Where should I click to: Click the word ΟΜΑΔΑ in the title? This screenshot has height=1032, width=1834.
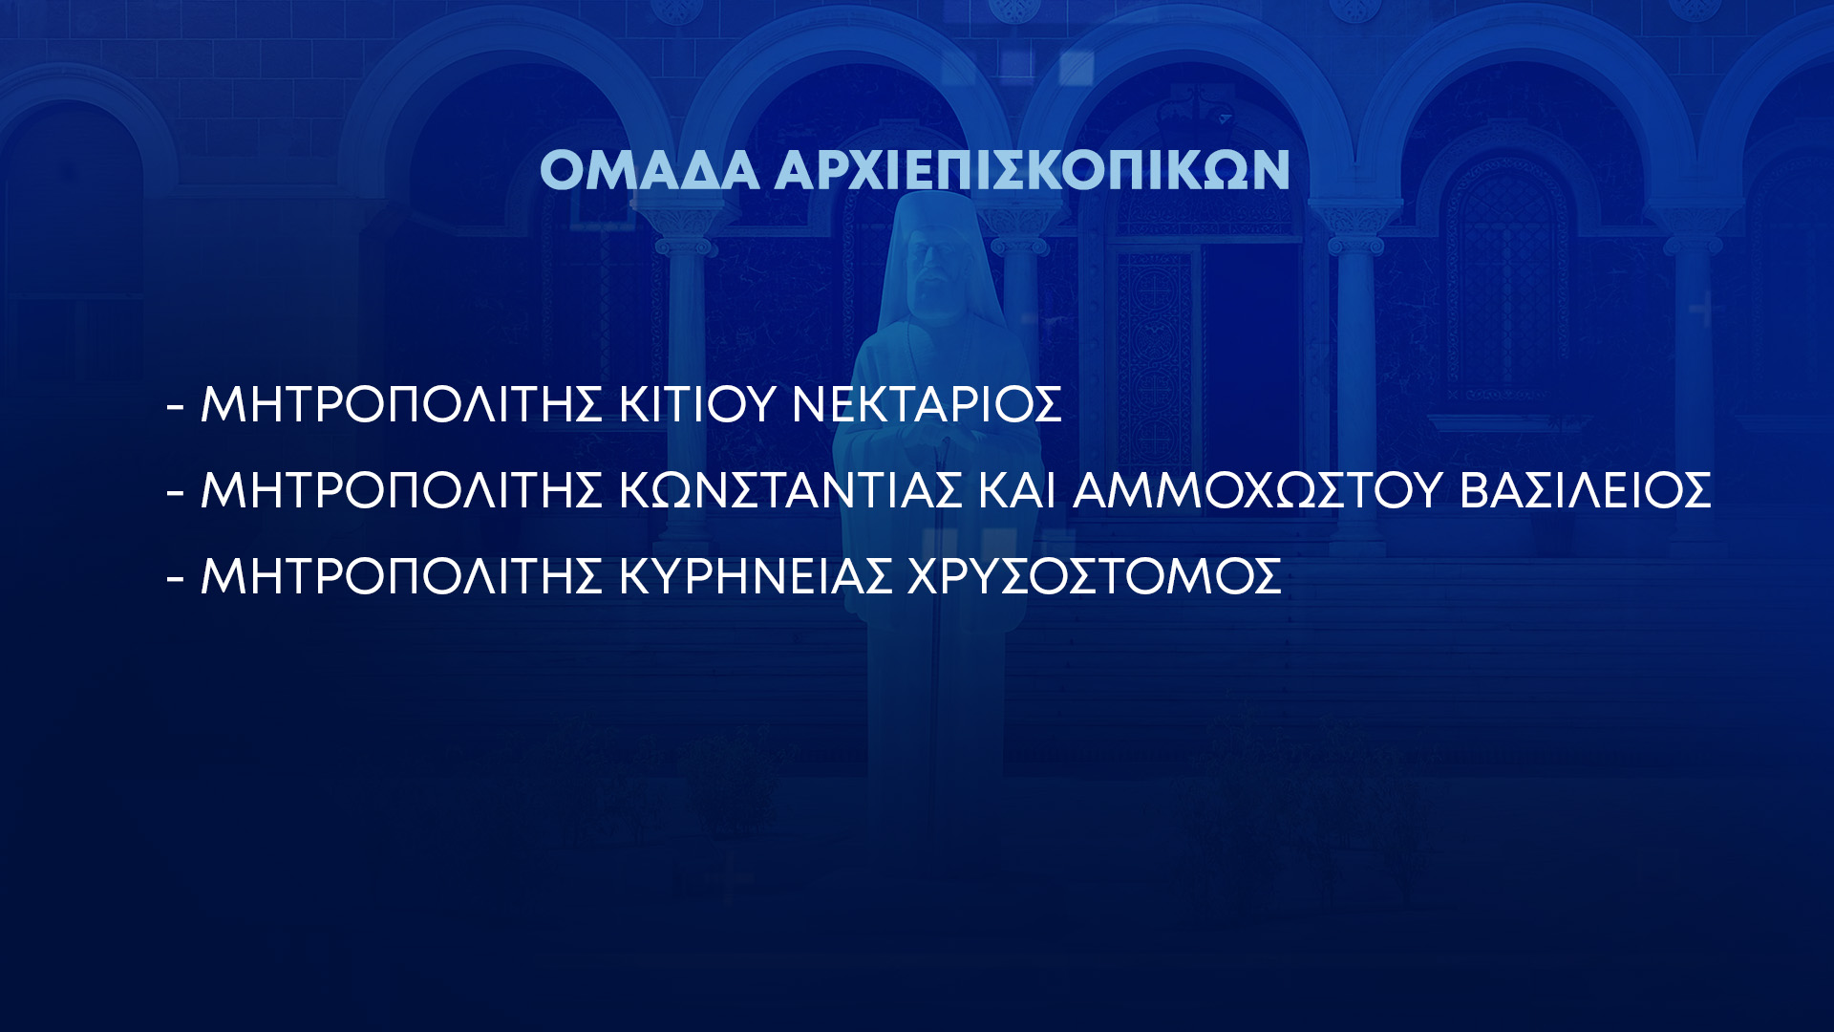pos(650,170)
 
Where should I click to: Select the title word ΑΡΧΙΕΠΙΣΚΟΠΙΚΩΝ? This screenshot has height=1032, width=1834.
pos(1033,170)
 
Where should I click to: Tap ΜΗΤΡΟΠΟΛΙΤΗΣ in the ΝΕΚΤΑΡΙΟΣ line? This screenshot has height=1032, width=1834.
pos(401,404)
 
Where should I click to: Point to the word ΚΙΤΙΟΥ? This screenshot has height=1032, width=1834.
pos(696,404)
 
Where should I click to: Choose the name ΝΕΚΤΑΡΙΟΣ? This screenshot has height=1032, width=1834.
pos(927,404)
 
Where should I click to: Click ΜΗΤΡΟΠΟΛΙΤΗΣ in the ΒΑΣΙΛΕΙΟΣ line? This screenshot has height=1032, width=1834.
pos(401,490)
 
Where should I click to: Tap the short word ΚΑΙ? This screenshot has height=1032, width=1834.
pos(1017,490)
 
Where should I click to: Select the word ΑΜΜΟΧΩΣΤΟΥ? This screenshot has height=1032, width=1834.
pos(1257,490)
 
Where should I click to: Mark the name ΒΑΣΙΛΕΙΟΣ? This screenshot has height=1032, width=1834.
pos(1586,490)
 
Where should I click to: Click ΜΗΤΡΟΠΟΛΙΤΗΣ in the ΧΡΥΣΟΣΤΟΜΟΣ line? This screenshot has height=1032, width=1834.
pos(401,576)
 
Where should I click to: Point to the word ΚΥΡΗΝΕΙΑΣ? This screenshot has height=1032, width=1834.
pos(756,576)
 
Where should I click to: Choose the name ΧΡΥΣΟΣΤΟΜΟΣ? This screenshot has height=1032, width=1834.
pos(1095,576)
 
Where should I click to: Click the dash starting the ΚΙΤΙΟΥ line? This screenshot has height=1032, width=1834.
pos(175,406)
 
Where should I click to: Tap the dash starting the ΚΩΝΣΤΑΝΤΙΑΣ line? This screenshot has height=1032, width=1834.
pos(175,492)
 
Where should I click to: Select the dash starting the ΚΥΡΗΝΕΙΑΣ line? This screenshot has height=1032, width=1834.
pos(175,578)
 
